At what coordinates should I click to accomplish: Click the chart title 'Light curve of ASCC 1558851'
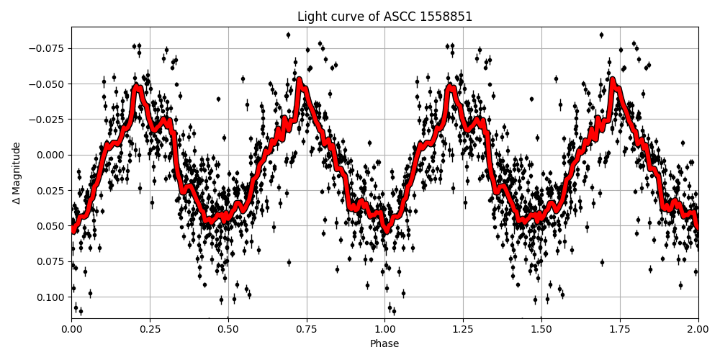click(x=384, y=17)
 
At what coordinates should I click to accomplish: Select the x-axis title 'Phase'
click(x=384, y=344)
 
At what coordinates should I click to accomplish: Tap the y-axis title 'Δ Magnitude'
click(x=16, y=173)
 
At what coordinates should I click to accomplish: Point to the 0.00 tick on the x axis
click(x=71, y=329)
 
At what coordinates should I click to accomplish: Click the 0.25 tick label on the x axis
click(x=150, y=329)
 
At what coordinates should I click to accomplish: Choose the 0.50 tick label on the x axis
click(x=228, y=329)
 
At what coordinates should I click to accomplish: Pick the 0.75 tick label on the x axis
click(x=307, y=329)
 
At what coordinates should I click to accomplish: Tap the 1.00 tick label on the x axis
click(x=384, y=329)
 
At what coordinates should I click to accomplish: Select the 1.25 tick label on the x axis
click(x=463, y=329)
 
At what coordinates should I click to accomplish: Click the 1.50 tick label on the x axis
click(x=541, y=329)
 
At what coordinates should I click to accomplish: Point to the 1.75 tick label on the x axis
click(x=620, y=329)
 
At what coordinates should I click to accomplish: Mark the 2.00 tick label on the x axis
click(x=698, y=329)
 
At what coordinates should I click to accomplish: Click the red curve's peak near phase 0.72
click(x=299, y=81)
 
